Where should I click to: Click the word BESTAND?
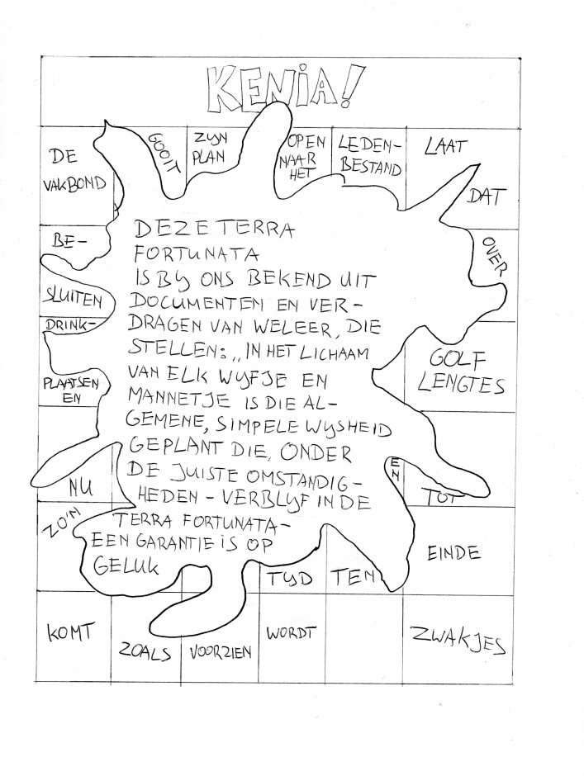pyautogui.click(x=369, y=168)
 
